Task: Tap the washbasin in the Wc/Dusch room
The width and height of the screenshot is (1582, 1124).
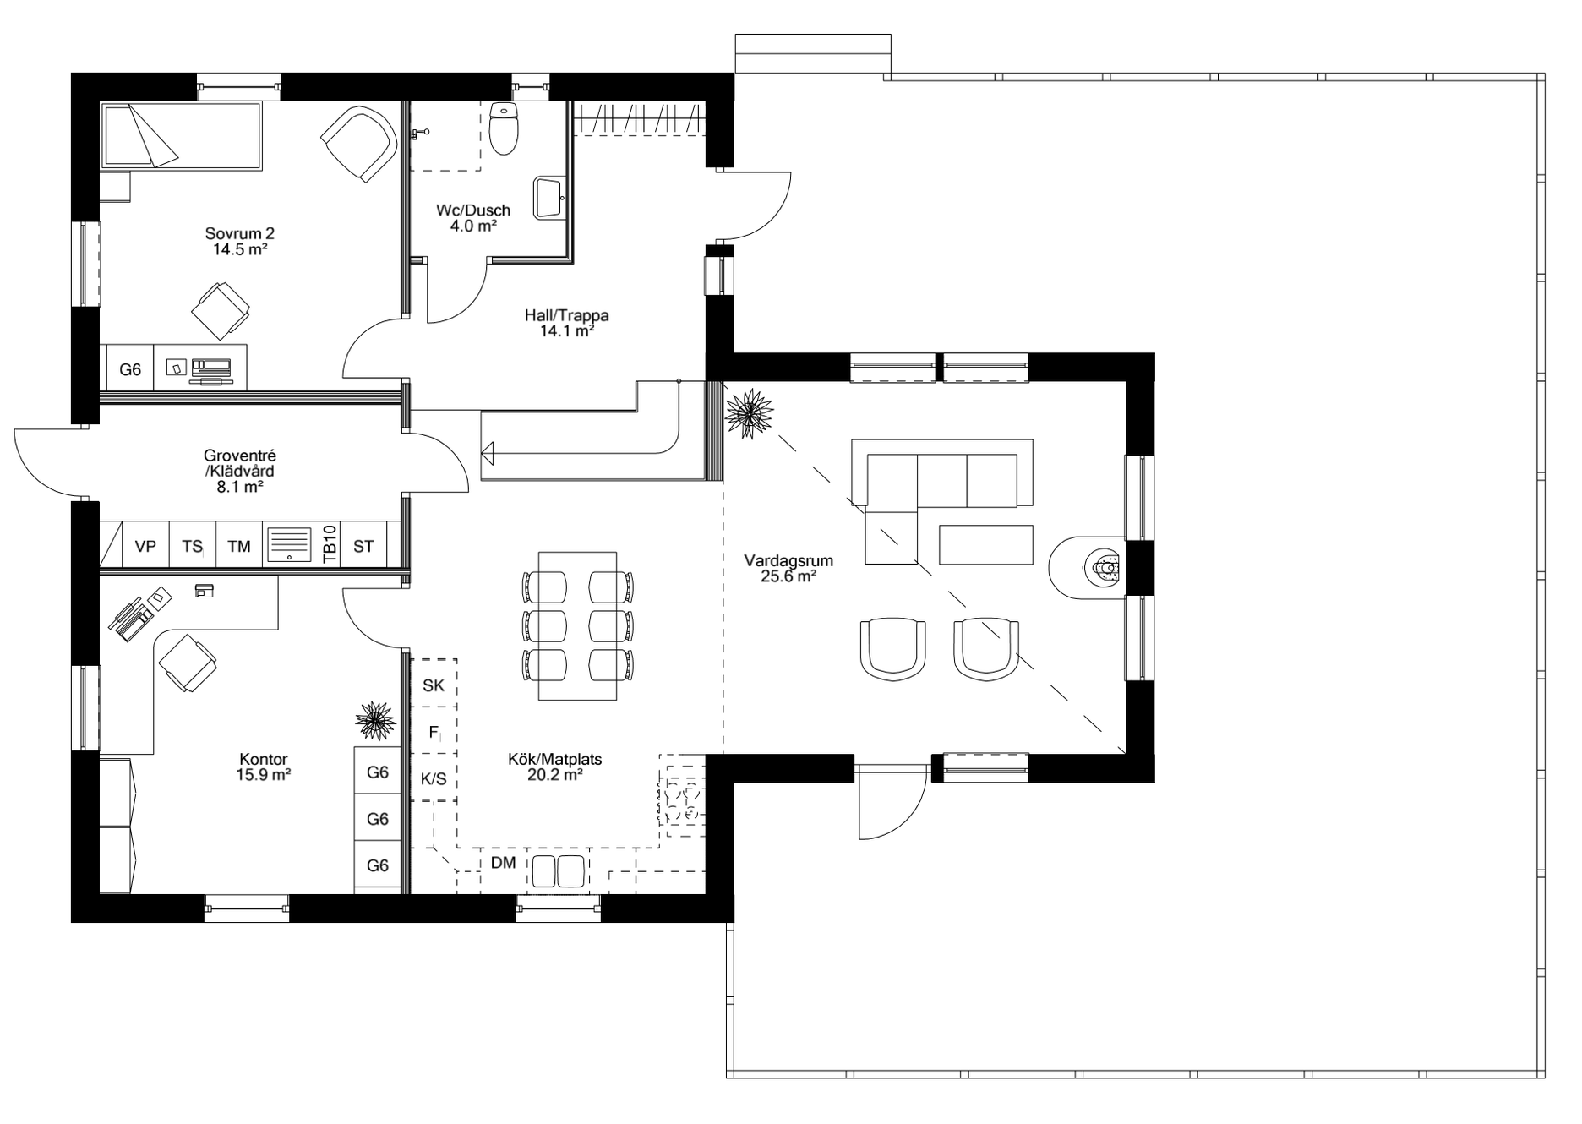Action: [x=549, y=199]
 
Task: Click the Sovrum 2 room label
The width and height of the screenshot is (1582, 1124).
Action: [x=240, y=234]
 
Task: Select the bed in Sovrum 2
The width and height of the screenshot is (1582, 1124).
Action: [x=181, y=135]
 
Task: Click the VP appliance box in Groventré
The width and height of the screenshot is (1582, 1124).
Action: [x=146, y=547]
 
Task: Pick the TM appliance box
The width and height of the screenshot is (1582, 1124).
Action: [x=239, y=547]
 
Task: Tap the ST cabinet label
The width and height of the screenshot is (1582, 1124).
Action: [x=363, y=547]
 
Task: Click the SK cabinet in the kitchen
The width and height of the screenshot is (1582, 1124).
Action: [x=434, y=685]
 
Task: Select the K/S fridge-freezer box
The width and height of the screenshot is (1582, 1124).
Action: [x=434, y=778]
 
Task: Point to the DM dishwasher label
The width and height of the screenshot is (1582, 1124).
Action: [x=504, y=864]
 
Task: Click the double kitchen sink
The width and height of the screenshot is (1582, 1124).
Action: [x=557, y=870]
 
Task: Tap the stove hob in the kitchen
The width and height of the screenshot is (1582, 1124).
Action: [x=681, y=800]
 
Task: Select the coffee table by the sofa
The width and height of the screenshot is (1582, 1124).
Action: [x=985, y=544]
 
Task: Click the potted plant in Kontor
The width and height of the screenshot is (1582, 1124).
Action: [x=375, y=720]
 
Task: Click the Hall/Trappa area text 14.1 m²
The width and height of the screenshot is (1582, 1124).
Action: [x=567, y=331]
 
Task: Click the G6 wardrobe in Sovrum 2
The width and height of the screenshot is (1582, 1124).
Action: [x=130, y=369]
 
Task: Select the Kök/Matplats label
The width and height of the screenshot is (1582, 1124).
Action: [x=554, y=759]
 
